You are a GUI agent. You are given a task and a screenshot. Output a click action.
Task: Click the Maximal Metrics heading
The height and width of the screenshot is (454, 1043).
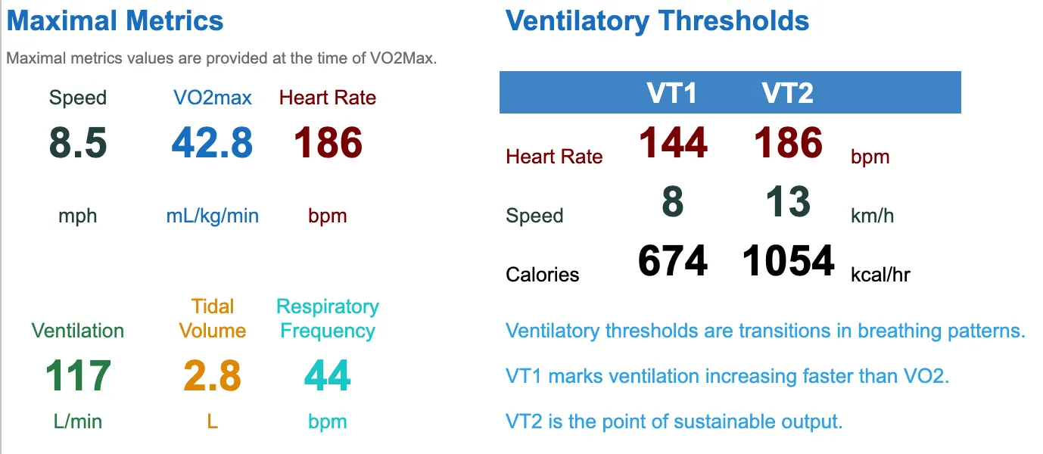click(x=115, y=20)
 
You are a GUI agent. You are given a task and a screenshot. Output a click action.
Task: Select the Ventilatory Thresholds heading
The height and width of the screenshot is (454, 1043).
click(x=657, y=20)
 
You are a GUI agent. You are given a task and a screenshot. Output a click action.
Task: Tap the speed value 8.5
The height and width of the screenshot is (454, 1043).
click(x=78, y=143)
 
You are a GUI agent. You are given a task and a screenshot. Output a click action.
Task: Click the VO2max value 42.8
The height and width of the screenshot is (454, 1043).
click(x=212, y=143)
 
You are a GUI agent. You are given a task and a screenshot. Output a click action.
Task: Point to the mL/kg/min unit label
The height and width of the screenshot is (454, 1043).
click(x=212, y=216)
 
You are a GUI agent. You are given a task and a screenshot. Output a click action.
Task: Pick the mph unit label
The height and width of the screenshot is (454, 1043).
click(x=78, y=216)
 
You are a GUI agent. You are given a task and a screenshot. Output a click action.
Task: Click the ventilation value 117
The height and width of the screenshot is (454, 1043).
click(x=78, y=376)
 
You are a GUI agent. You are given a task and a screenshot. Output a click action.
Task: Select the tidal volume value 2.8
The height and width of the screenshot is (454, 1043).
click(x=212, y=376)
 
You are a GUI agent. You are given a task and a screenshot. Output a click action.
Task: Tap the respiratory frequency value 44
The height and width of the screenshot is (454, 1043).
click(x=327, y=376)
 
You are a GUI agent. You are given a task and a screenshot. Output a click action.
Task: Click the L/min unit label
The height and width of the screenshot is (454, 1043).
click(x=78, y=421)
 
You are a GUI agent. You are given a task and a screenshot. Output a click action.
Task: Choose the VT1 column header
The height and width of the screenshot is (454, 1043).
click(x=671, y=93)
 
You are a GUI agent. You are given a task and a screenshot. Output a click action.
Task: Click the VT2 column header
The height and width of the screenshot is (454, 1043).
click(x=787, y=93)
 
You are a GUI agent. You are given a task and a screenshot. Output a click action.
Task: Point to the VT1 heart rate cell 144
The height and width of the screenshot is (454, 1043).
click(x=673, y=143)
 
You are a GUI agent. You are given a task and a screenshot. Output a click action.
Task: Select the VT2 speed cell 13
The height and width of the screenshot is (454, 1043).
click(x=788, y=203)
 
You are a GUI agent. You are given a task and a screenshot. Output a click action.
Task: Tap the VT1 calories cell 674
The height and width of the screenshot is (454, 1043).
click(x=673, y=262)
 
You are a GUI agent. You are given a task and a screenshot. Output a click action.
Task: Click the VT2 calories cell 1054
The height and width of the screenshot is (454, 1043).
click(x=788, y=262)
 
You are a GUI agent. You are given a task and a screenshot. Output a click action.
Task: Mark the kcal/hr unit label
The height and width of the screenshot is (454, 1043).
click(x=880, y=274)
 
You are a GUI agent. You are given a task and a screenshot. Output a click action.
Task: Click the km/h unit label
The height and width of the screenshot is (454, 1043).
click(x=872, y=216)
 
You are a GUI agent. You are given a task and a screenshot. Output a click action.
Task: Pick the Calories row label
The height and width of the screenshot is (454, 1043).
click(x=542, y=274)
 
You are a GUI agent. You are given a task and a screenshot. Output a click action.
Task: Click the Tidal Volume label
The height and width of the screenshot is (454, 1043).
click(x=213, y=319)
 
